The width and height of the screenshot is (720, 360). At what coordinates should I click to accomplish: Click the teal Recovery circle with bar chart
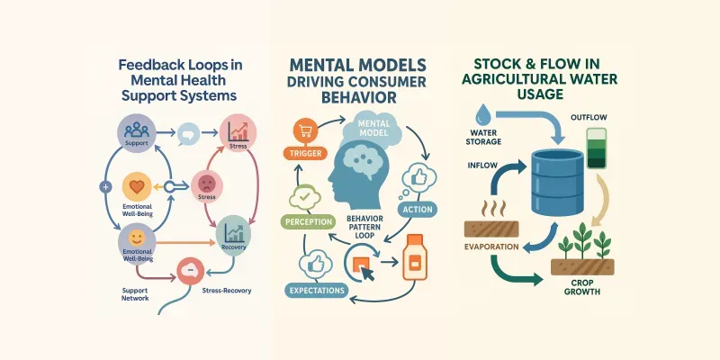(233, 230)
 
